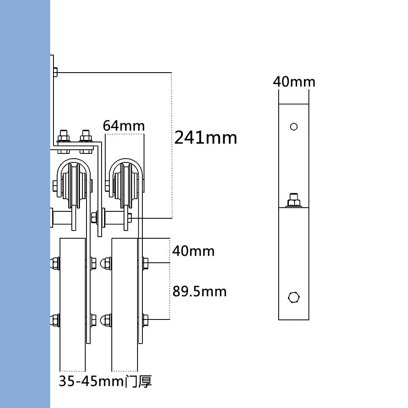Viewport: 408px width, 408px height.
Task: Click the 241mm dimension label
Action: point(206,138)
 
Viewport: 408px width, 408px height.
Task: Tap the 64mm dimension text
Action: point(124,126)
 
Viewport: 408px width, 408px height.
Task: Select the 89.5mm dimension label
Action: point(199,291)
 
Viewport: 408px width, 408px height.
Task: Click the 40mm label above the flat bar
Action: point(294,82)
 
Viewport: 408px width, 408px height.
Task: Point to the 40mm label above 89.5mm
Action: point(193,251)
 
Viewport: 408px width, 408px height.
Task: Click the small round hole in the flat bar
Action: point(294,126)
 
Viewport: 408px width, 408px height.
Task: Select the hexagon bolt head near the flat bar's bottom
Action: point(293,297)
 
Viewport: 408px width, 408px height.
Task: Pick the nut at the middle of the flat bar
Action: point(294,200)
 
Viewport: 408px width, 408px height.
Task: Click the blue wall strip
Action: point(24,204)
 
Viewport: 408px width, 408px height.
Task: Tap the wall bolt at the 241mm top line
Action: point(55,73)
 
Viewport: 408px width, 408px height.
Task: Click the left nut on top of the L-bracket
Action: point(63,135)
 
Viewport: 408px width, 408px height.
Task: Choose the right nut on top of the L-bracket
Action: point(86,135)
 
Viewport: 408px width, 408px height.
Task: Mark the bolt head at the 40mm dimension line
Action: point(145,263)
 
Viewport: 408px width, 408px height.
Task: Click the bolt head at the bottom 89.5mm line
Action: point(145,319)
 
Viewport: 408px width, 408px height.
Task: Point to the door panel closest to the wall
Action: point(73,302)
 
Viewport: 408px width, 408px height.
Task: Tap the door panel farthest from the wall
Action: point(124,302)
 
